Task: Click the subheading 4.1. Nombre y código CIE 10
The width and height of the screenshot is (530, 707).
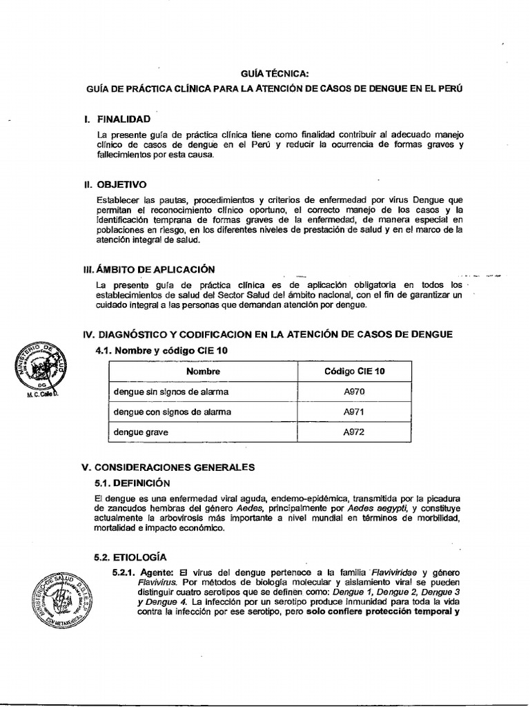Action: pyautogui.click(x=161, y=351)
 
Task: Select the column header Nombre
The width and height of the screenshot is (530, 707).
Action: pyautogui.click(x=203, y=371)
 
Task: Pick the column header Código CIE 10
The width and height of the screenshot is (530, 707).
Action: pyautogui.click(x=355, y=371)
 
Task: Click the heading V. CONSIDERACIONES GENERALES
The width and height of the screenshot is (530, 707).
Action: pyautogui.click(x=168, y=467)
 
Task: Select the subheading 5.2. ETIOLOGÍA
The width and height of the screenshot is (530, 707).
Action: pyautogui.click(x=130, y=556)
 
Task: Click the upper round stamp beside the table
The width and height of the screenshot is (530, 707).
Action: pyautogui.click(x=41, y=370)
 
